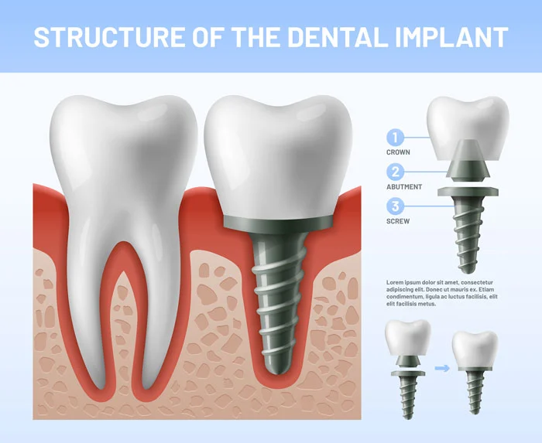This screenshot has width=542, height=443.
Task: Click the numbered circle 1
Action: [396, 138]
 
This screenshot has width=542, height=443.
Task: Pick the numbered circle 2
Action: [396, 172]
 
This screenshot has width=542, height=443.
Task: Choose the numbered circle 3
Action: [396, 206]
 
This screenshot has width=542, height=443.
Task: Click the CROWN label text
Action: [398, 152]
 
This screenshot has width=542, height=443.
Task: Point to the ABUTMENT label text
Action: [404, 186]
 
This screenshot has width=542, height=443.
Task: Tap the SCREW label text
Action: [398, 220]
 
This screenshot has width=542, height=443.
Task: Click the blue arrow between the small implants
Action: [441, 367]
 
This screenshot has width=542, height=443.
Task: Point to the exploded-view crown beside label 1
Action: [468, 124]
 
